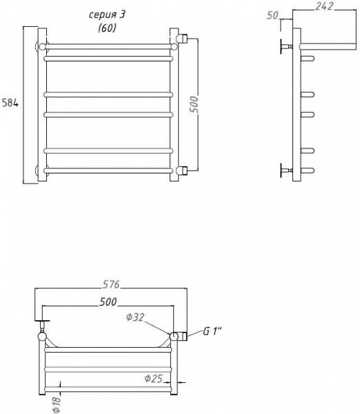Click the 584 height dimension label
(x=9, y=103)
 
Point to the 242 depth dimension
(x=326, y=6)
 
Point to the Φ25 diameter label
(x=153, y=379)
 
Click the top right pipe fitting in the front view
(x=183, y=37)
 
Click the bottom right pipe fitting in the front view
(x=183, y=169)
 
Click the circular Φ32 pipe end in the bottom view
(x=174, y=336)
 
